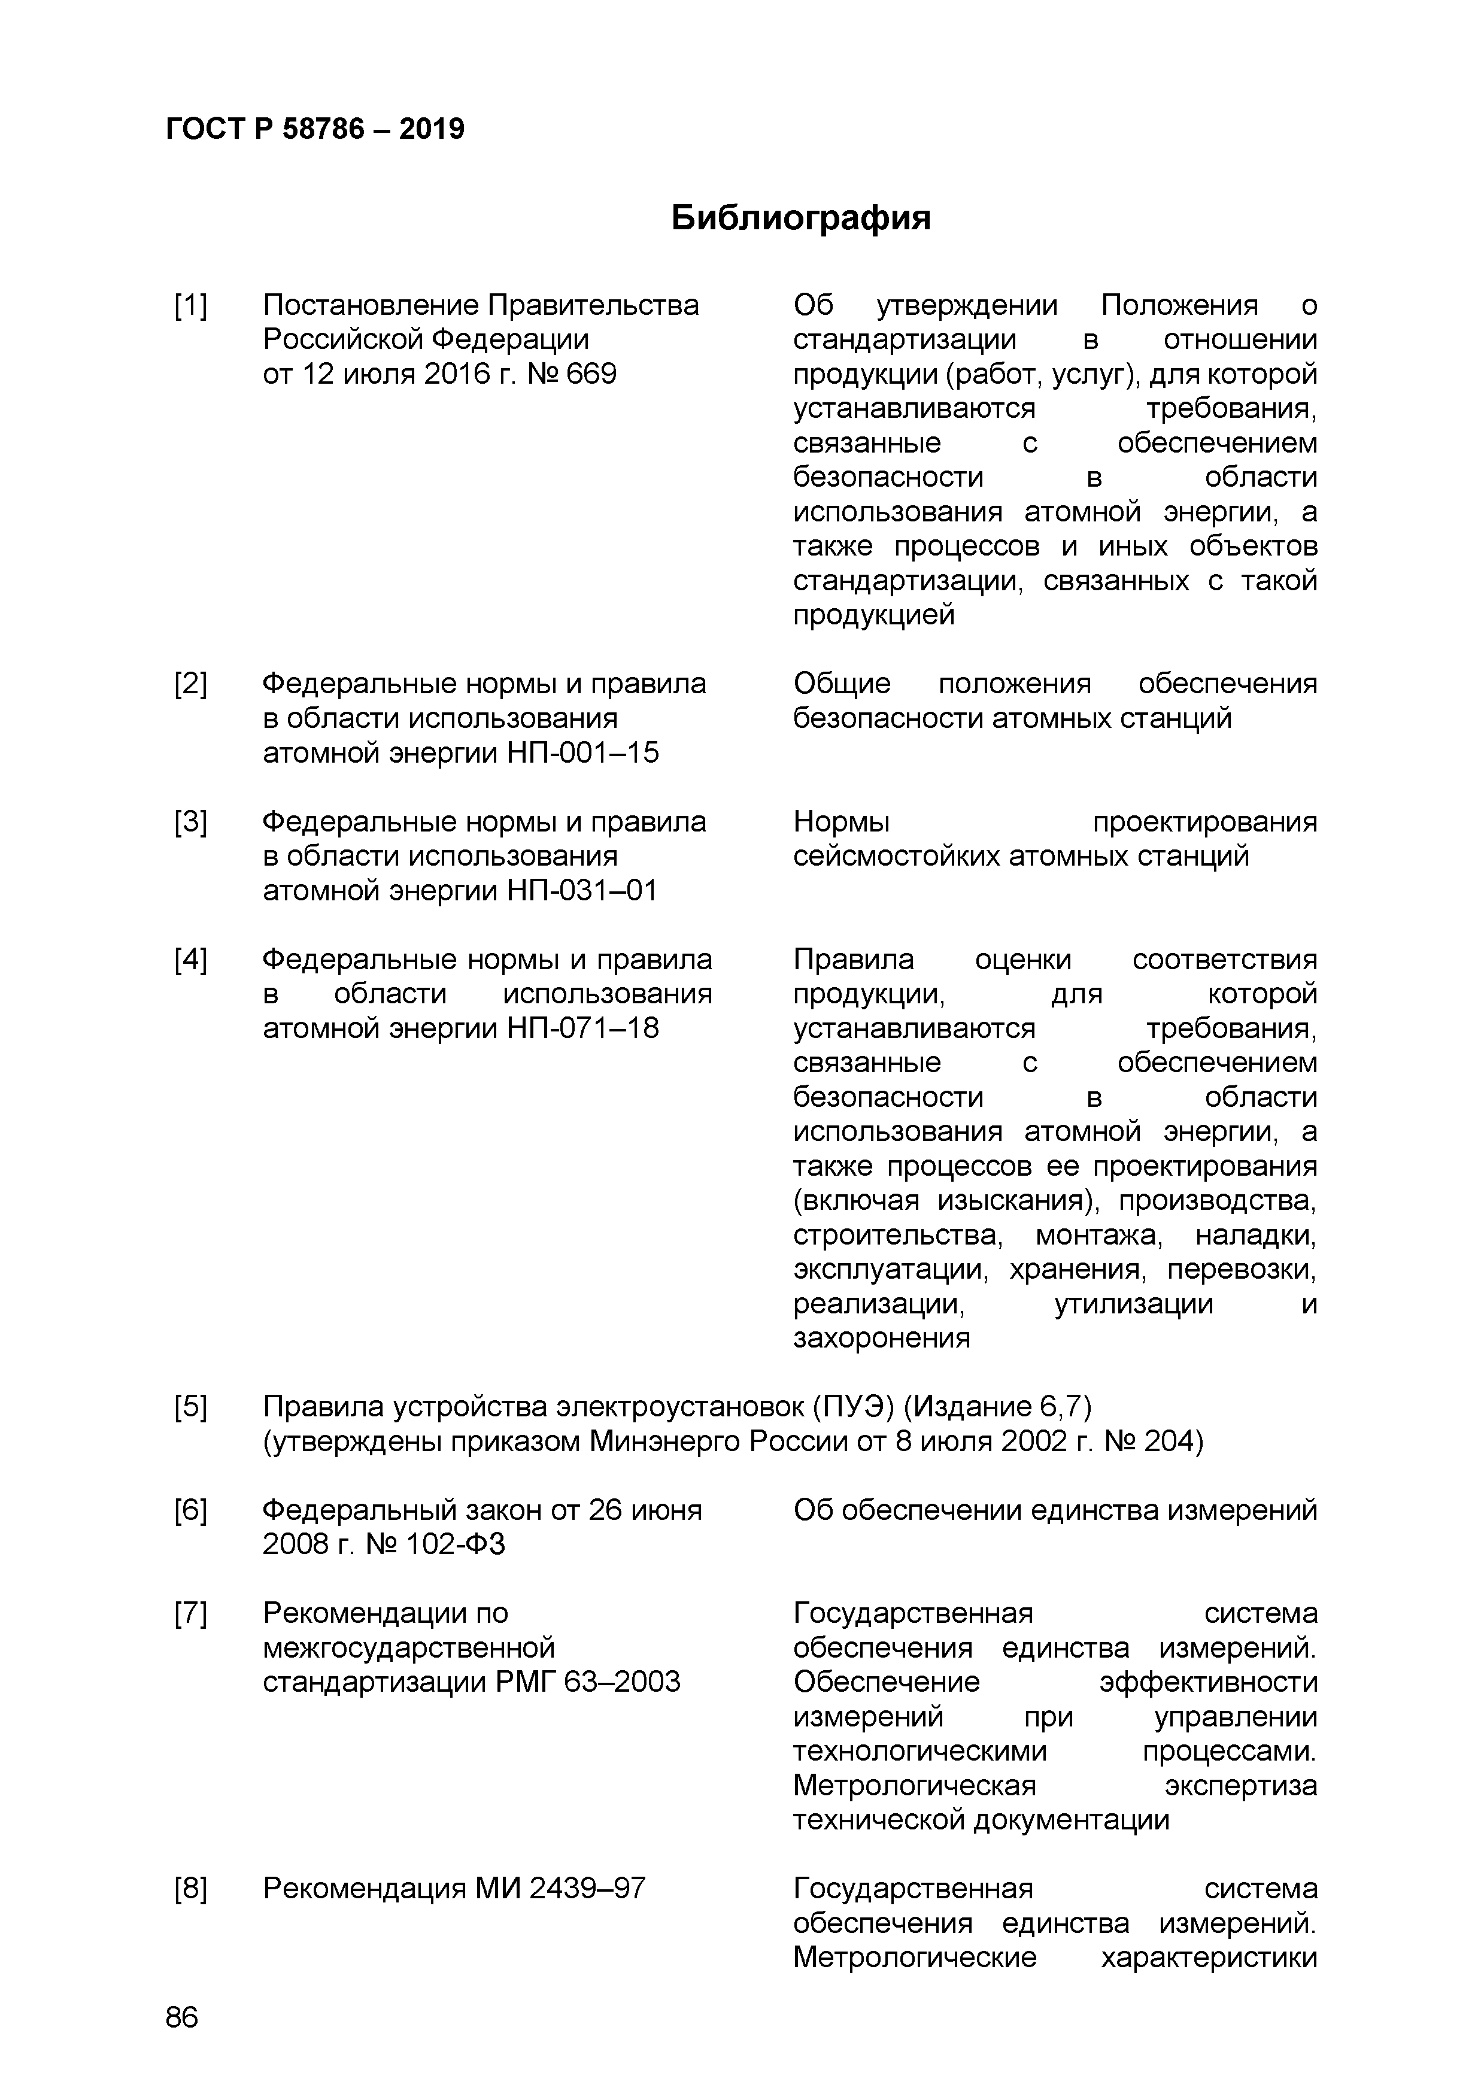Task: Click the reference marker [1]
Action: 190,305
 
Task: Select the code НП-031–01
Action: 582,891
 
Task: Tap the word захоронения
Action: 881,1338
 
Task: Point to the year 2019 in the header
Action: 432,129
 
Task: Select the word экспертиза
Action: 1241,1785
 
